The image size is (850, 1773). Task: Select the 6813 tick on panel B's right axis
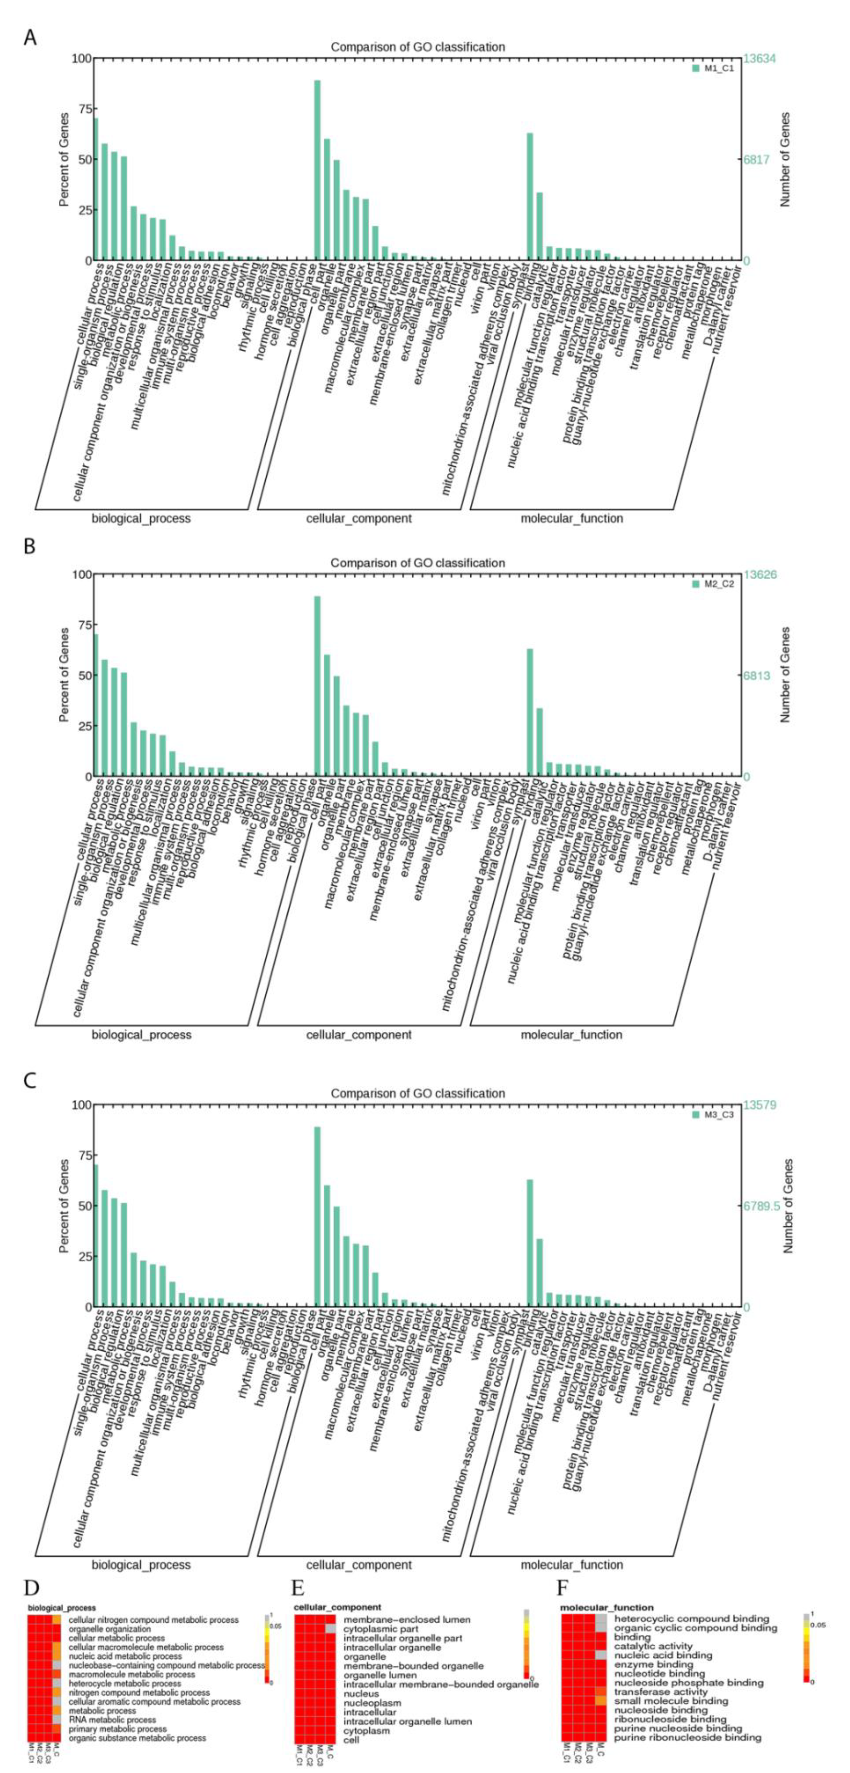pos(756,675)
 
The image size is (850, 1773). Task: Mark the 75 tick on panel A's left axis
pos(82,109)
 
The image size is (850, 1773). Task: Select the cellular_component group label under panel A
pos(359,518)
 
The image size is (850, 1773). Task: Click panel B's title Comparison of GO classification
pos(417,563)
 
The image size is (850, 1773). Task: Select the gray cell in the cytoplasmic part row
pos(330,1629)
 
